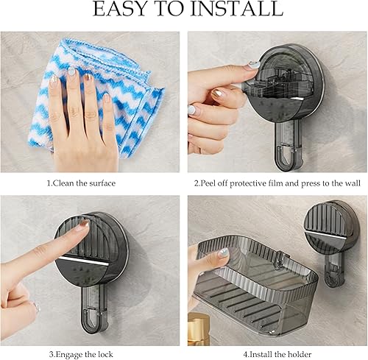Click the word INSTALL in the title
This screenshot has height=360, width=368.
237,9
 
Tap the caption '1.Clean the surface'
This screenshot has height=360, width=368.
81,183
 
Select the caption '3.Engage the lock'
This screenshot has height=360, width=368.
81,354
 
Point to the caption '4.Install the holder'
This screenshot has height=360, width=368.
277,354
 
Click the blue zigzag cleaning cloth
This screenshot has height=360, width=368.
98,96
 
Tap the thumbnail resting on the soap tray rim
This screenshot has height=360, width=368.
224,253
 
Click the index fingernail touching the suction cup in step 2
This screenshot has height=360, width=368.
254,65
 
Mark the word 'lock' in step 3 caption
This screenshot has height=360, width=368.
105,354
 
